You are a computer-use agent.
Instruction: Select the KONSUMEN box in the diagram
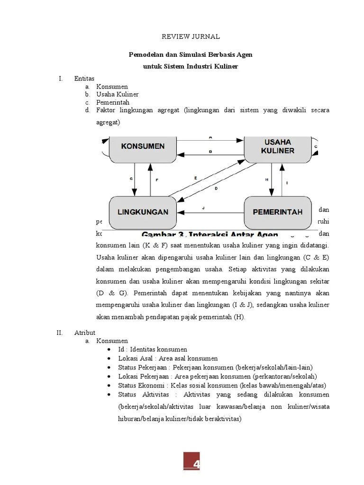[x=143, y=146]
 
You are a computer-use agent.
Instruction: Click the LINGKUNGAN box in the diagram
[x=143, y=212]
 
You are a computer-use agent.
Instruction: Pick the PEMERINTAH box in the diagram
[x=277, y=212]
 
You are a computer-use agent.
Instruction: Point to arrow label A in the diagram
[x=210, y=137]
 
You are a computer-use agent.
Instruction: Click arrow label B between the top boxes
[x=210, y=151]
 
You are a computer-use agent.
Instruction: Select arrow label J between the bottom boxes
[x=203, y=208]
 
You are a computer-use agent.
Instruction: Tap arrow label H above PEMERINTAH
[x=266, y=180]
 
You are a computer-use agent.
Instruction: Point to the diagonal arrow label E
[x=195, y=177]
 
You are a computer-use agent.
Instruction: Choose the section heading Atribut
[x=85, y=333]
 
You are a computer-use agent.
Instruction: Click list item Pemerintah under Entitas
[x=112, y=102]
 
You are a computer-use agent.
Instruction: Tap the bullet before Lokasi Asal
[x=109, y=359]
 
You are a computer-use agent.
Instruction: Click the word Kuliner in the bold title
[x=225, y=66]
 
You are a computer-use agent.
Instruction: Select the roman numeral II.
[x=59, y=333]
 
